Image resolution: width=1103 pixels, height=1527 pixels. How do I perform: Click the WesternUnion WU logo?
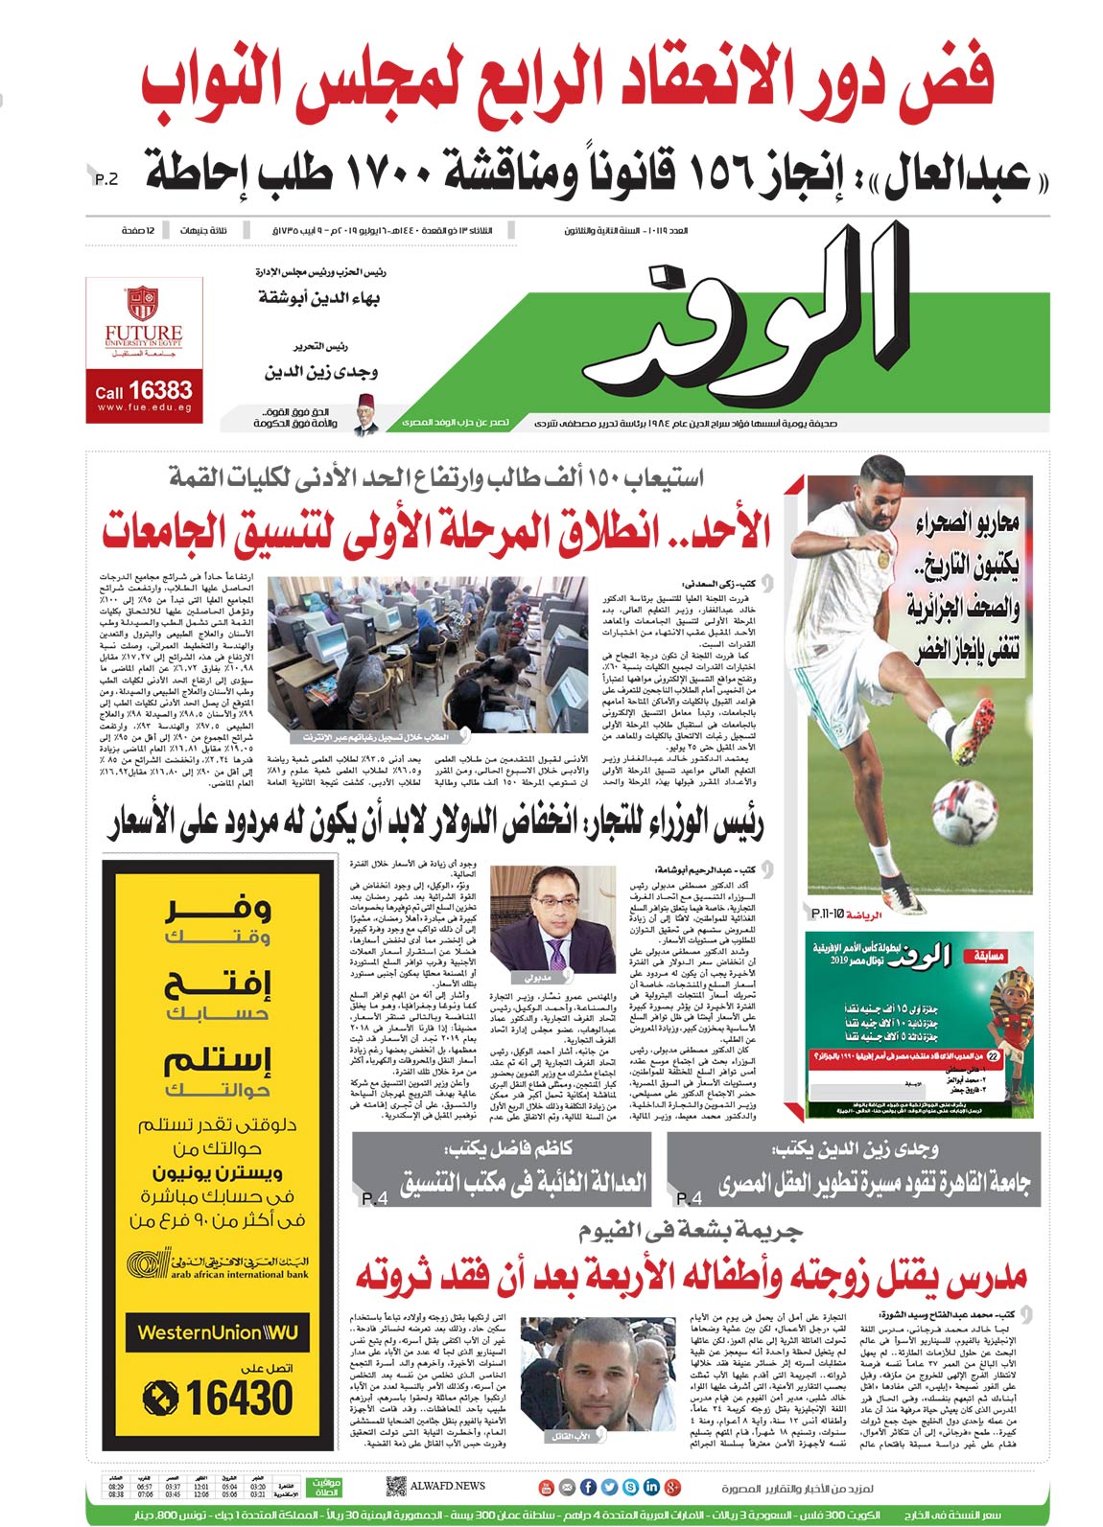[x=218, y=1332]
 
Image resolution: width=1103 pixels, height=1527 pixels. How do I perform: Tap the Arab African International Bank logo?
[x=218, y=1265]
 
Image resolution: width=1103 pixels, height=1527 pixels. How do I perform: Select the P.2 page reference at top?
[x=106, y=179]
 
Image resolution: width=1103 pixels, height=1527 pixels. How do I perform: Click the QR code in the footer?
[x=395, y=1487]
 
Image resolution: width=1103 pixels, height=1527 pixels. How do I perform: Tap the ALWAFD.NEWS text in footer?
[x=448, y=1487]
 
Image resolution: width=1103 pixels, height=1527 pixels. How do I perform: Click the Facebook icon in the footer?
[x=588, y=1488]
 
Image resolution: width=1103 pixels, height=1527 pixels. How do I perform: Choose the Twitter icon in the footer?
[x=609, y=1488]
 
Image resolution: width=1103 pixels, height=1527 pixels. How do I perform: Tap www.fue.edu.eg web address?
[x=144, y=408]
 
